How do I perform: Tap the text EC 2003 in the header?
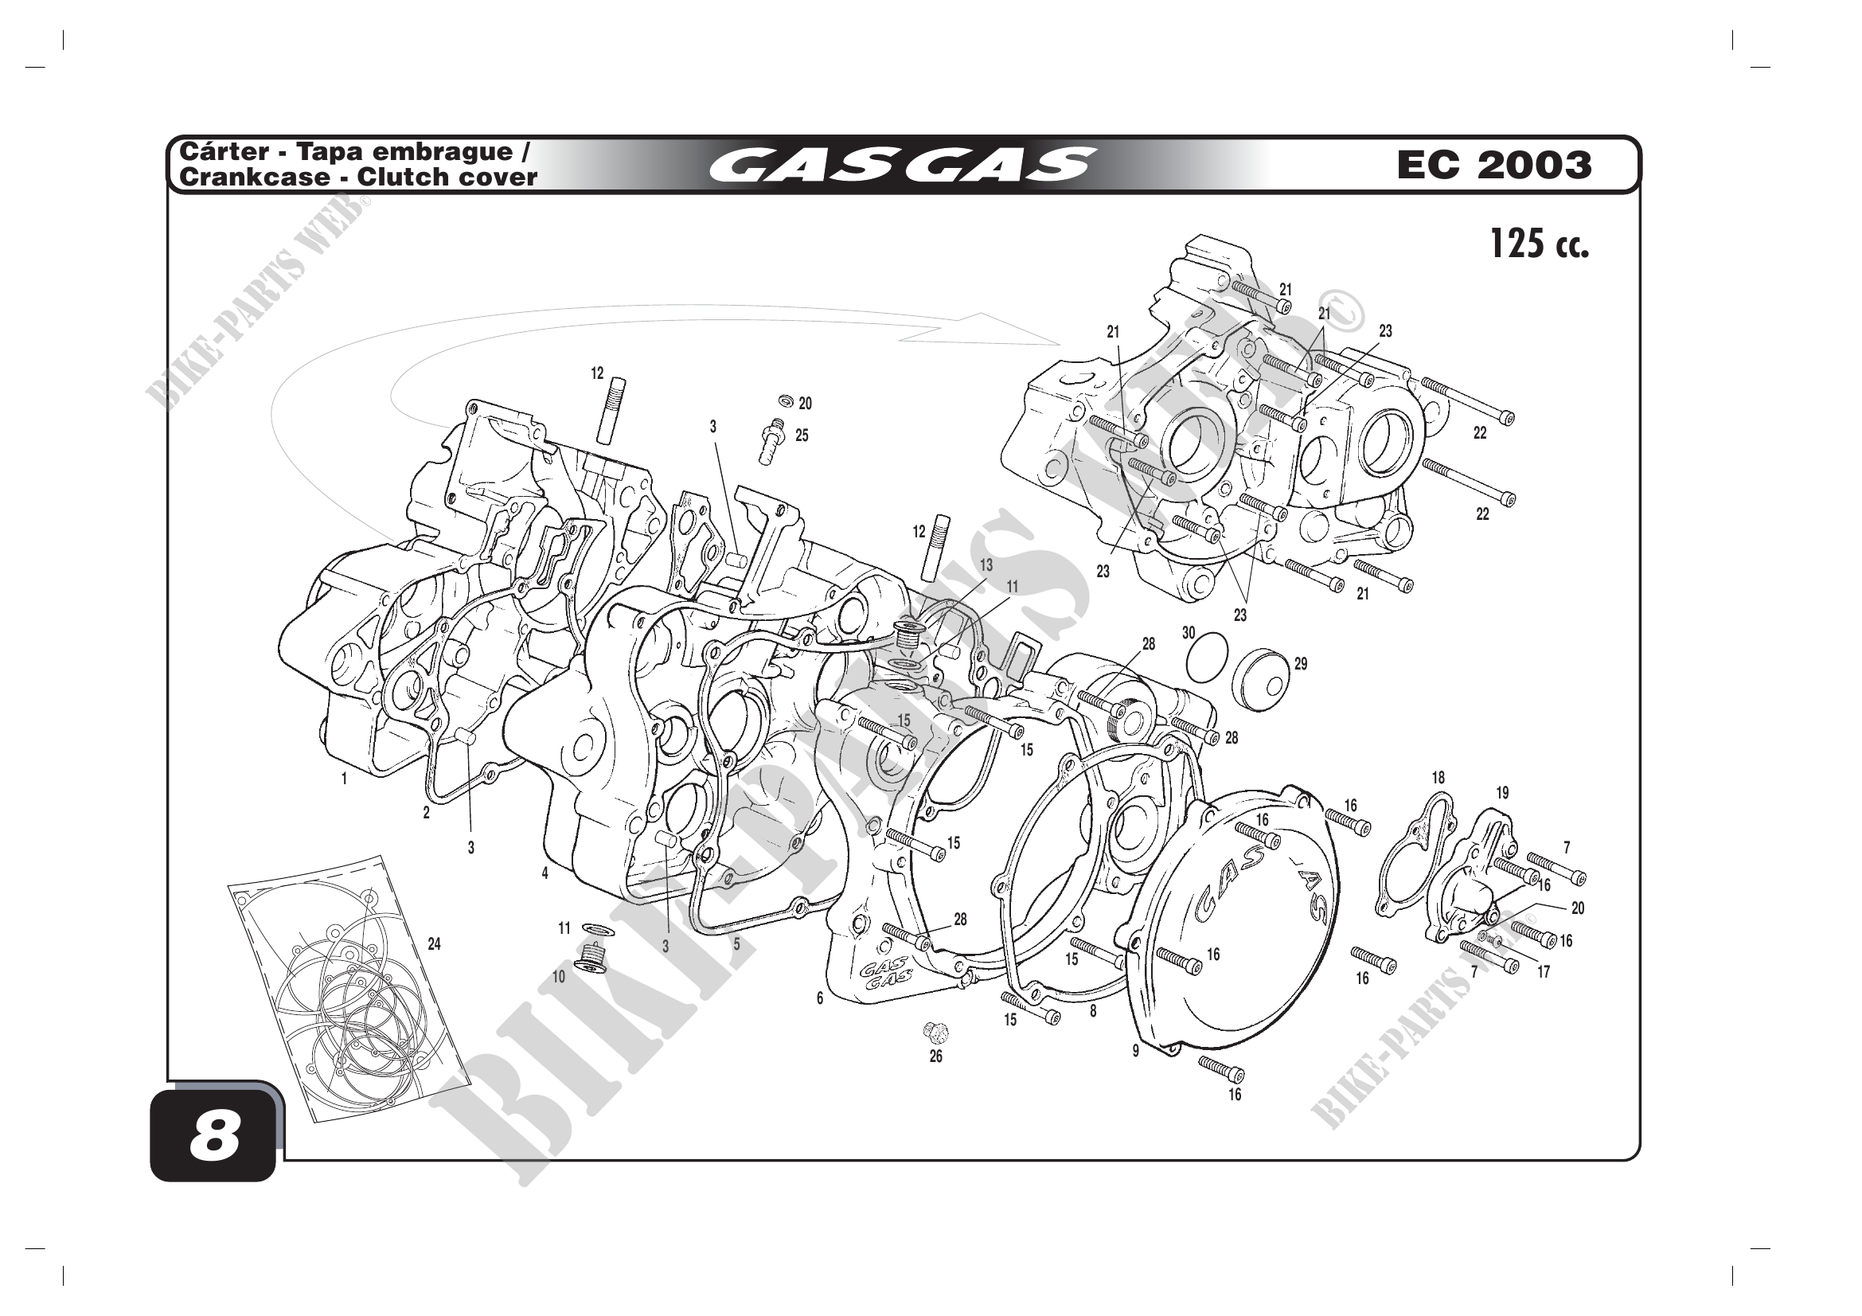[x=1493, y=165]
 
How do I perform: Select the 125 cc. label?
[x=1540, y=244]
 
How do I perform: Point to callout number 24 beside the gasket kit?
[x=434, y=944]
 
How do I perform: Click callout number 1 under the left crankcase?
[x=344, y=779]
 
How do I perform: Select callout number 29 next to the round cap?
[x=1301, y=664]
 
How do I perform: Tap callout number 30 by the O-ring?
[x=1188, y=633]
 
